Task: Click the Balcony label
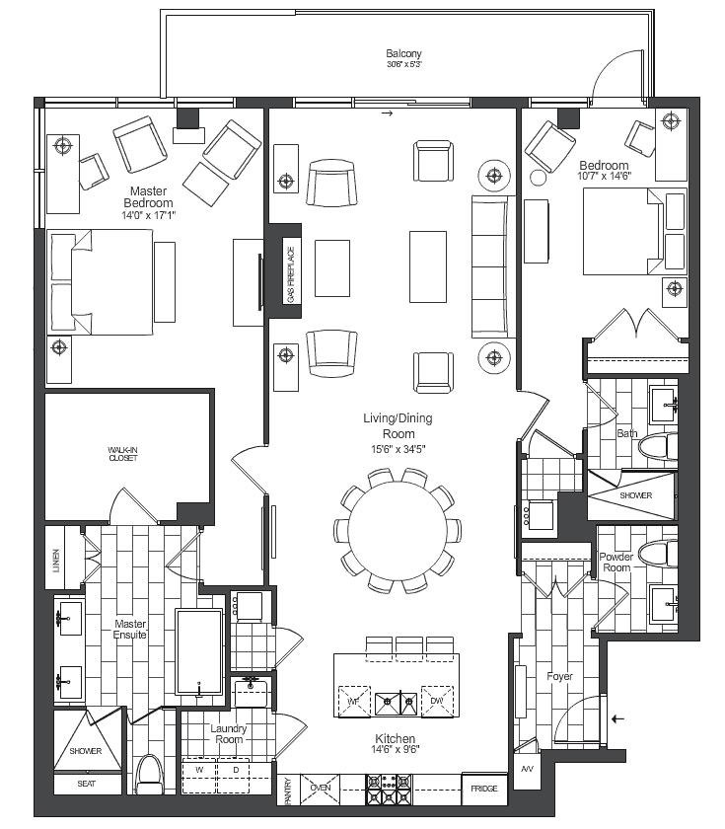tap(403, 53)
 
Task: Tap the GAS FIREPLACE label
tap(291, 275)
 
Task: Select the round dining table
tap(398, 530)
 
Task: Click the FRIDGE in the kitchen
tap(484, 789)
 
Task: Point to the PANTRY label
tap(288, 791)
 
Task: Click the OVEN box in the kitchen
tap(321, 788)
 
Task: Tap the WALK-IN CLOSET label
tap(123, 454)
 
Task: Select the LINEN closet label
tap(56, 561)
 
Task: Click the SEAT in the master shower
tap(87, 784)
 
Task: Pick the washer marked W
tap(199, 776)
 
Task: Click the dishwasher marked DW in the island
tap(437, 701)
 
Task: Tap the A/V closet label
tap(527, 769)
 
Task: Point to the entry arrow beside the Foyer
tap(617, 719)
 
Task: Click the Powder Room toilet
tap(657, 554)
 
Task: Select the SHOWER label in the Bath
tap(635, 495)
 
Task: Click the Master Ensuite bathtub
tap(198, 652)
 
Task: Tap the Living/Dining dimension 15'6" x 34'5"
tap(398, 449)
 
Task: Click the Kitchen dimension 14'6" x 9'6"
tap(396, 749)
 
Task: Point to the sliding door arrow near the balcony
tap(388, 113)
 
